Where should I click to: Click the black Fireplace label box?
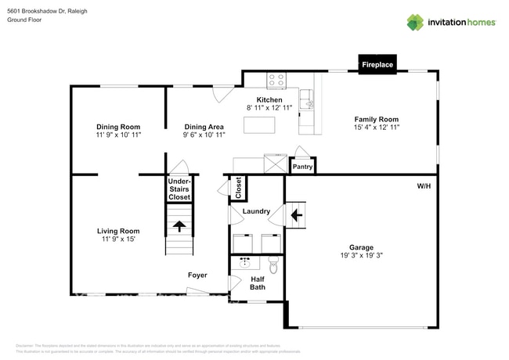pos(377,65)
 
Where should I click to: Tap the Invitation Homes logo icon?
pos(414,22)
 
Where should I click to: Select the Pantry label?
pos(302,167)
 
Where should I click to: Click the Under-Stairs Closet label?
pos(179,190)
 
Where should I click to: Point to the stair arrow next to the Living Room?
pos(179,226)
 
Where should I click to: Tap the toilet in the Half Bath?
pos(273,261)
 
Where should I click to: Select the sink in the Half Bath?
pos(244,262)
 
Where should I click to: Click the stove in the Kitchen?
pos(276,79)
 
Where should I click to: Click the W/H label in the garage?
pos(424,186)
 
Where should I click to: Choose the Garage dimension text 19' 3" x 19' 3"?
pos(361,255)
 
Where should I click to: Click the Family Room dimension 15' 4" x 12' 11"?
pos(377,127)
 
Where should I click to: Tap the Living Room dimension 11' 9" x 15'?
pos(117,239)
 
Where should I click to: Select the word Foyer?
pos(197,275)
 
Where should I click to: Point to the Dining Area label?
pos(204,127)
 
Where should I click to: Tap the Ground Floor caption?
pos(24,20)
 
